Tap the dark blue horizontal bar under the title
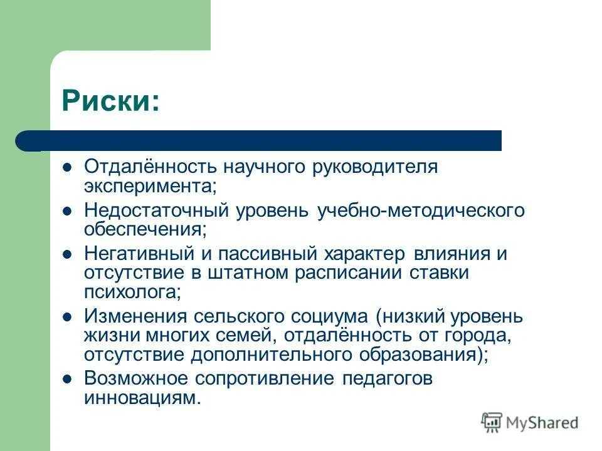[x=263, y=141]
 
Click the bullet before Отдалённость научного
[x=68, y=168]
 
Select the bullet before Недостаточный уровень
[x=68, y=211]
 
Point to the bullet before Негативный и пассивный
[x=68, y=255]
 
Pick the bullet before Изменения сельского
[x=68, y=317]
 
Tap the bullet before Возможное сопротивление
[x=68, y=379]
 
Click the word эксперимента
[x=150, y=186]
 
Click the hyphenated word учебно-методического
[x=421, y=211]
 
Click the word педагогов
[x=388, y=379]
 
